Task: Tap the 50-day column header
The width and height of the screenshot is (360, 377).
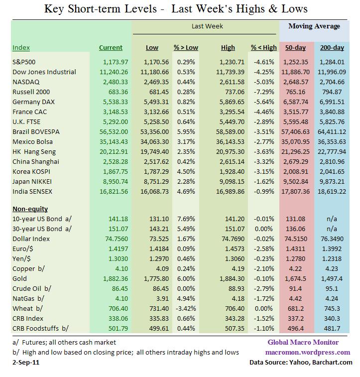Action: click(x=295, y=48)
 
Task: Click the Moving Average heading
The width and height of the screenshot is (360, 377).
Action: click(x=314, y=26)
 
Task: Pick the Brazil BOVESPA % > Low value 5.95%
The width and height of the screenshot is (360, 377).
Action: click(x=186, y=131)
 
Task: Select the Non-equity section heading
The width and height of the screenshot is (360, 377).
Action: click(x=30, y=209)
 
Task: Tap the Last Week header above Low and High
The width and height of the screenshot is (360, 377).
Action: click(x=207, y=26)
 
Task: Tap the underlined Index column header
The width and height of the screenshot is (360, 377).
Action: click(x=21, y=48)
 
